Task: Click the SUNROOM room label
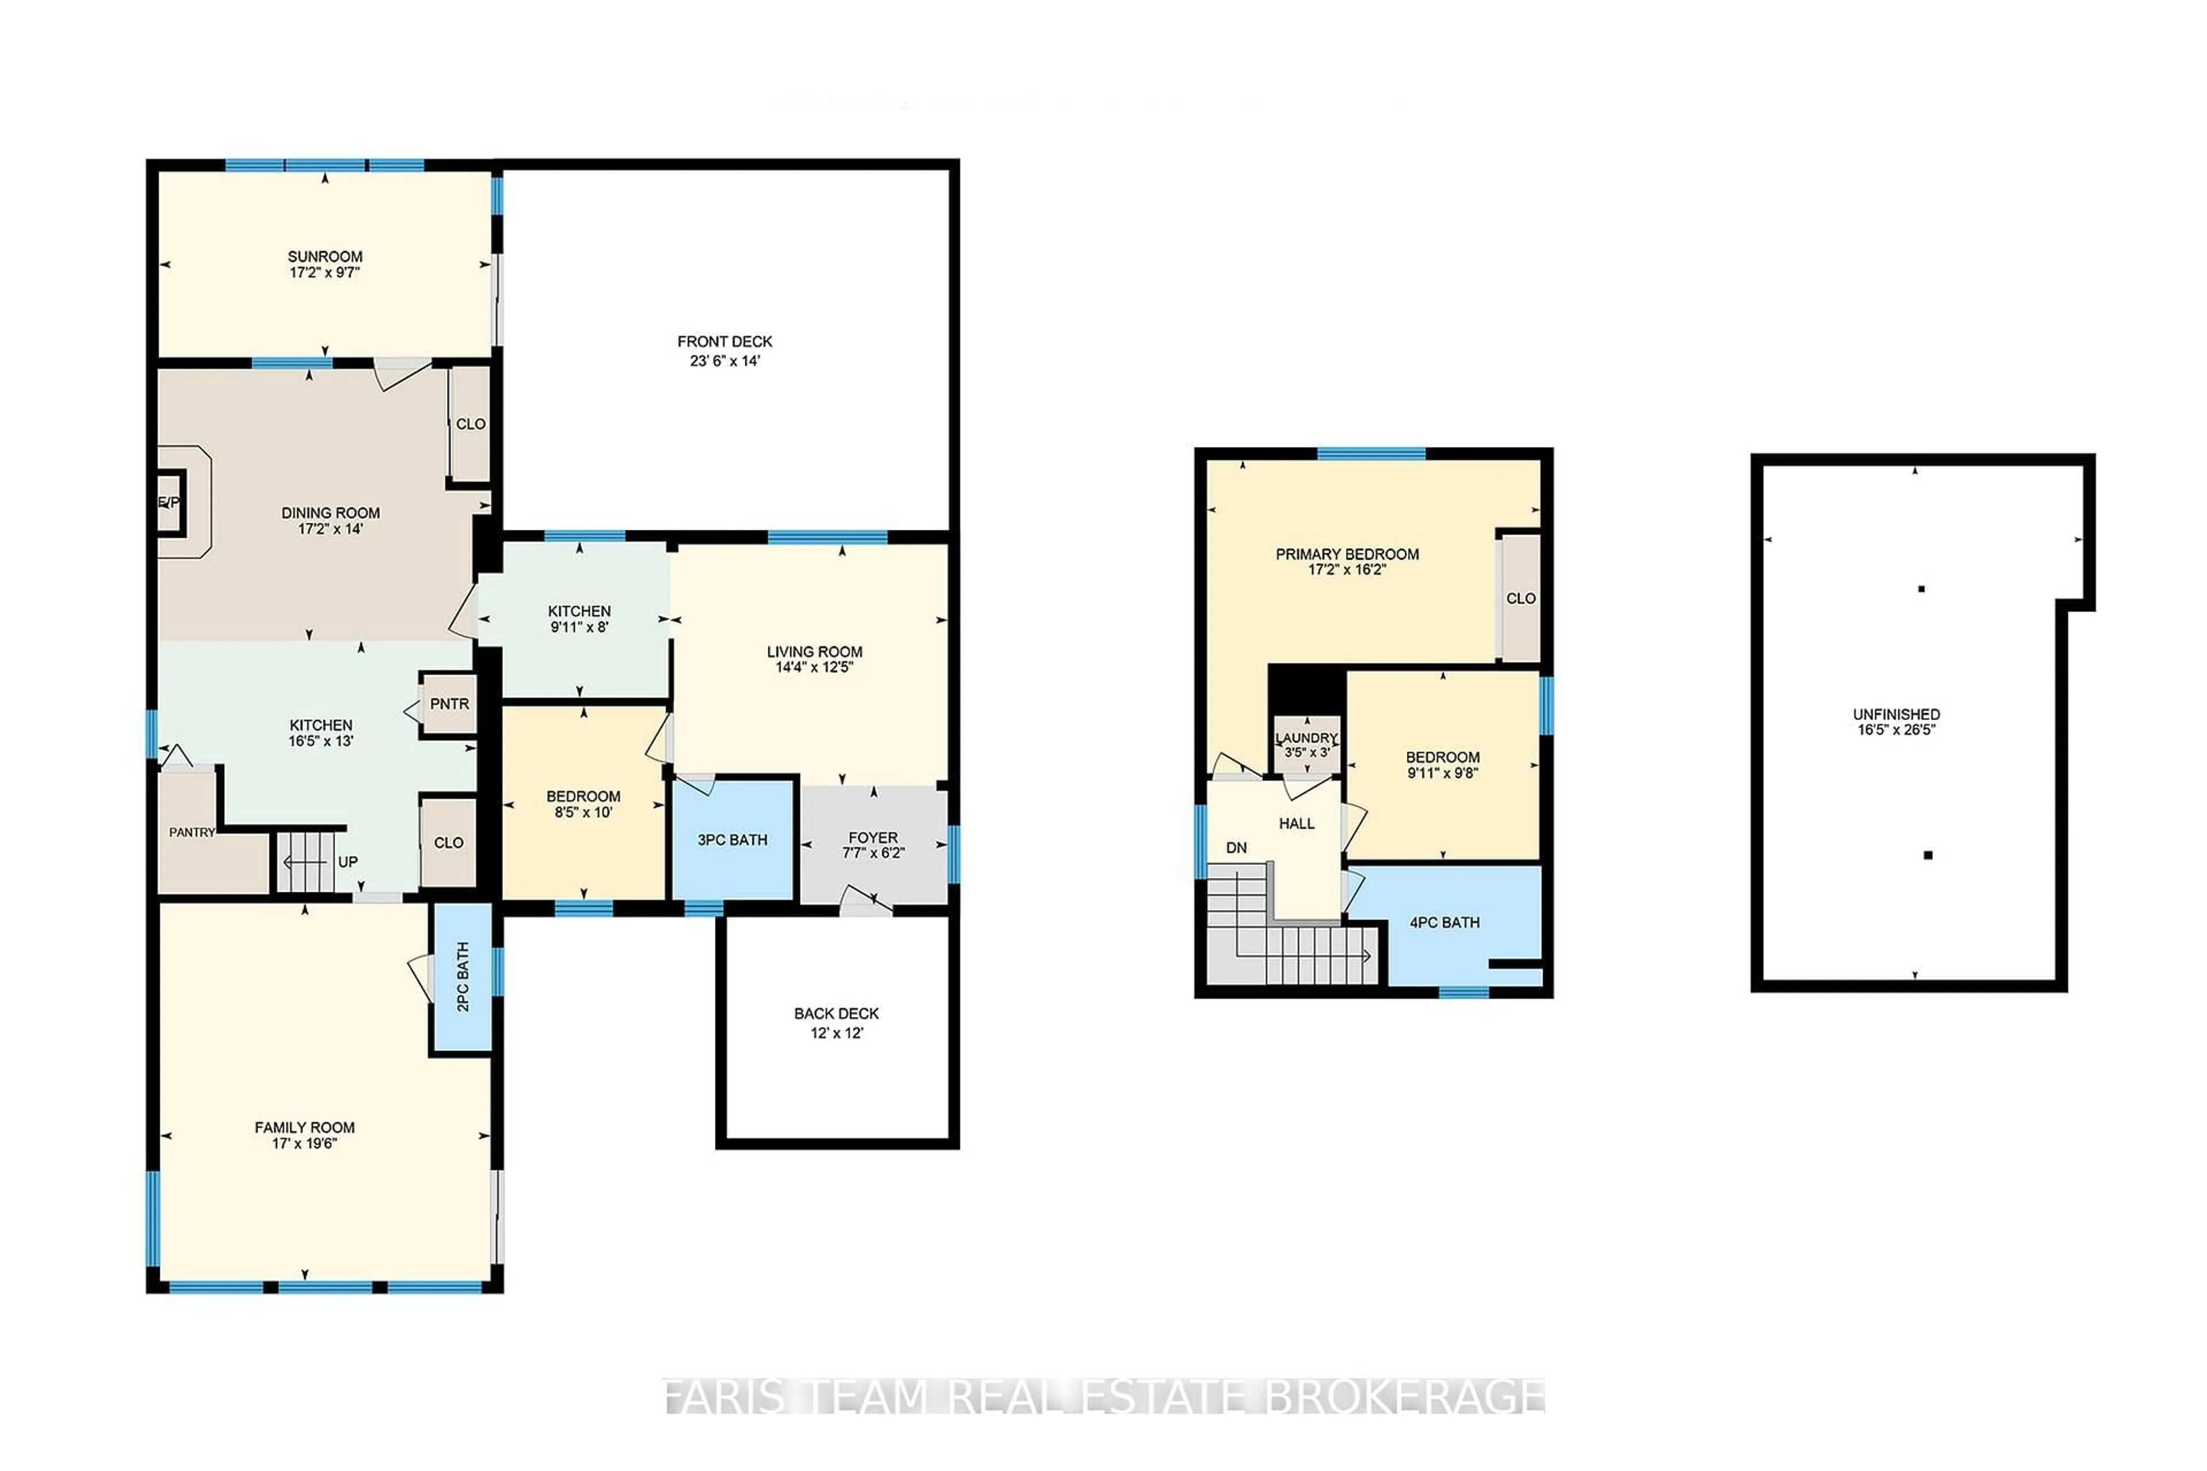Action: click(325, 256)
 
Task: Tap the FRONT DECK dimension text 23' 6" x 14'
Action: click(724, 360)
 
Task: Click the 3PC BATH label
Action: click(732, 840)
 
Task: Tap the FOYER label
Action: click(872, 837)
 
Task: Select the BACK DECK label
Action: click(836, 1013)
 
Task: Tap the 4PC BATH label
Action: click(1444, 922)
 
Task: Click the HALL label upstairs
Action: click(1296, 823)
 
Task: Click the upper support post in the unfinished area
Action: click(1921, 589)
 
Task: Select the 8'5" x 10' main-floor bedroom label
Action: click(583, 811)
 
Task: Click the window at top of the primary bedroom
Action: click(1370, 454)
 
